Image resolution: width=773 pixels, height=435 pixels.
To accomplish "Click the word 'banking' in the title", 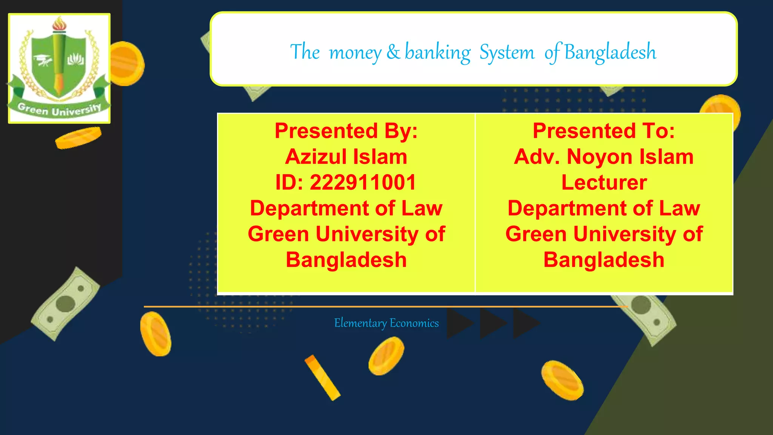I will coord(437,52).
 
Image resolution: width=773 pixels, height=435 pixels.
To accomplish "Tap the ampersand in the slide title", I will coord(393,52).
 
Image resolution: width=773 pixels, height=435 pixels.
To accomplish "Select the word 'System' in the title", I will coord(507,52).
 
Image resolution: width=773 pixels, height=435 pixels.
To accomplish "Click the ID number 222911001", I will coord(363,182).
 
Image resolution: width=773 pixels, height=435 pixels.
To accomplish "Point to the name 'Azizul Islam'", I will coord(346,157).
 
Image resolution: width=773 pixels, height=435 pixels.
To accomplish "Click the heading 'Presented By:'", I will coord(346,131).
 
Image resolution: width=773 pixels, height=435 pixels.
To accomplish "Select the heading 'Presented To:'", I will coord(604,131).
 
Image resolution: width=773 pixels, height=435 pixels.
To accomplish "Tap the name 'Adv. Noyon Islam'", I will coord(604,157).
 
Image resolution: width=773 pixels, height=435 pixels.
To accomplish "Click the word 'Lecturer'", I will coord(604,182).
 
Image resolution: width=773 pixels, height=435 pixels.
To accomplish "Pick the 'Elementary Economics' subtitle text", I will coord(386,323).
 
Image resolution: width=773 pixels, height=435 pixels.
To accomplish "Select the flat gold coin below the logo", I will coord(79,137).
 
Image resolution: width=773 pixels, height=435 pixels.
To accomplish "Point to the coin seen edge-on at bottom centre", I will coord(322,377).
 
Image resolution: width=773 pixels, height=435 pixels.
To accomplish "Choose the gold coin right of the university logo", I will coord(126,63).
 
